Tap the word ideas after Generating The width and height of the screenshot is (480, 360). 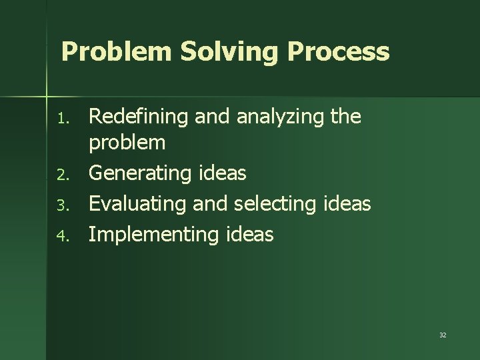pyautogui.click(x=223, y=173)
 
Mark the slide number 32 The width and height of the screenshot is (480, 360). pyautogui.click(x=443, y=335)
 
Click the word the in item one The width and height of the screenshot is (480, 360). pyautogui.click(x=345, y=117)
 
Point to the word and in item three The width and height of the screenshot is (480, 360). pyautogui.click(x=209, y=203)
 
